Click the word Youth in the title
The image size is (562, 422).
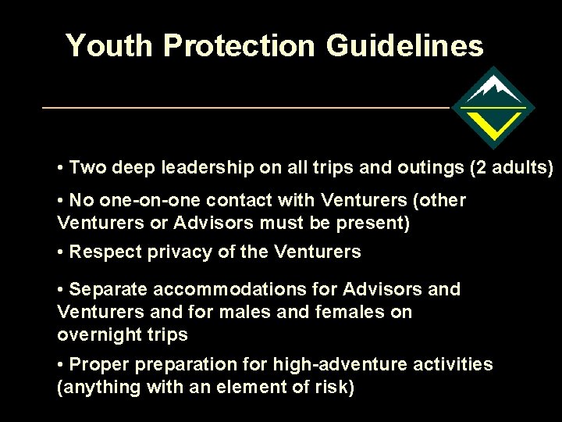tap(110, 46)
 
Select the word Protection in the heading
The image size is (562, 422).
tap(240, 46)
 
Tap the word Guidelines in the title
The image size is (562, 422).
tap(404, 46)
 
